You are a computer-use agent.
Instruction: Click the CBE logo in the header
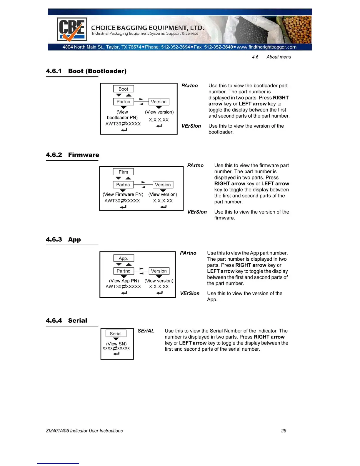coord(72,30)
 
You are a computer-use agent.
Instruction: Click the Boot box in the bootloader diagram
coord(124,89)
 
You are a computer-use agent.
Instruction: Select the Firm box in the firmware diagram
coord(123,172)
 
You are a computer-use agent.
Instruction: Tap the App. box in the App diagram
coord(124,258)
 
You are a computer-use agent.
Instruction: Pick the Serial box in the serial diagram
coord(116,334)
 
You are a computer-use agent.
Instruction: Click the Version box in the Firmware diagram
coord(163,185)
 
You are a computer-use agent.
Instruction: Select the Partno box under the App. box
coord(124,271)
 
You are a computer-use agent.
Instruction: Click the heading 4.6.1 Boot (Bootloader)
coord(86,71)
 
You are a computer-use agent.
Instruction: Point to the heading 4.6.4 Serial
coord(66,321)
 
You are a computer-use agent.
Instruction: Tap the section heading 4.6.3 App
coord(63,239)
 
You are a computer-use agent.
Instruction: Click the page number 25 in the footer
coord(284,431)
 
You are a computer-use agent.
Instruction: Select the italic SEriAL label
coord(146,331)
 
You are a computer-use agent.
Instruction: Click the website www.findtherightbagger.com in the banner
coord(266,47)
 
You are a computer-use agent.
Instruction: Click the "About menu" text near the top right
coord(279,57)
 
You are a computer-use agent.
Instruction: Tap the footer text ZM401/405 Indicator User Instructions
coord(84,431)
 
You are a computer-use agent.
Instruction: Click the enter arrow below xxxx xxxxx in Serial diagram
coord(116,354)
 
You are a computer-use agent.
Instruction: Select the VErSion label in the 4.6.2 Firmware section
coord(197,212)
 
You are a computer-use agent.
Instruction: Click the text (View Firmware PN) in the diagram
coord(123,194)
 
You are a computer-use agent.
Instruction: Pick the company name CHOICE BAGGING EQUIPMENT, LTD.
coord(147,28)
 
